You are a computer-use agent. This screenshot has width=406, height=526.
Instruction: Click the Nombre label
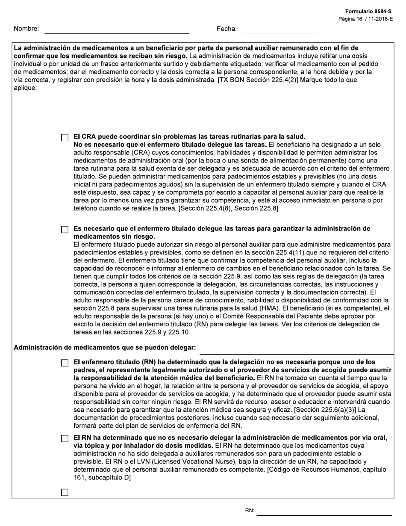[26, 29]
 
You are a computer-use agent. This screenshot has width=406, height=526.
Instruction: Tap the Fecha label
[227, 29]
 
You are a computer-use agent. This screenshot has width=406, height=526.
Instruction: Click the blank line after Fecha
[280, 31]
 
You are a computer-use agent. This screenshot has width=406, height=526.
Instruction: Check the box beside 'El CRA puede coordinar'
[65, 138]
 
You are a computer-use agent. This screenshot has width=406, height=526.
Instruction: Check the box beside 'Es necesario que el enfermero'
[65, 230]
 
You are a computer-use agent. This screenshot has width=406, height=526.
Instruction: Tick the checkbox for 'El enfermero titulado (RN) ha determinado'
[65, 363]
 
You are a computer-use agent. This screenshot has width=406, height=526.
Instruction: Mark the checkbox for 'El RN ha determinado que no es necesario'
[65, 439]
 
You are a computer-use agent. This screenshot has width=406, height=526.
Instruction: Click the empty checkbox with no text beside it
[65, 492]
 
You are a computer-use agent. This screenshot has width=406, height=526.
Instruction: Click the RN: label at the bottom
[250, 511]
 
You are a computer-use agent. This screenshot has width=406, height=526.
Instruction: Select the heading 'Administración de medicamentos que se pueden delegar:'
[105, 348]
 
